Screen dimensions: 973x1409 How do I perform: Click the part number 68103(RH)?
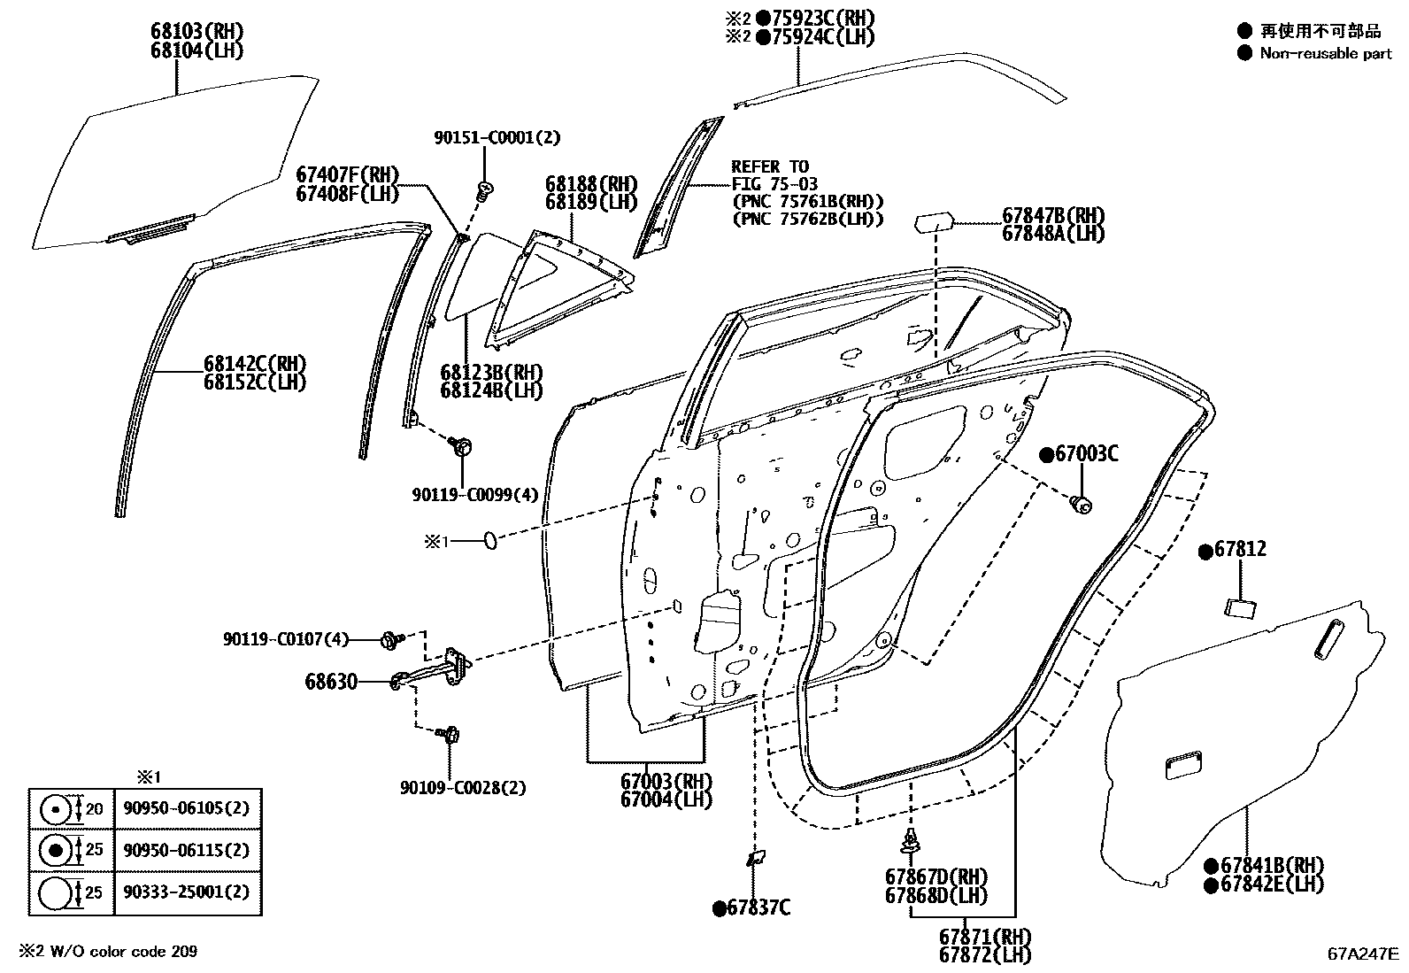coord(196,32)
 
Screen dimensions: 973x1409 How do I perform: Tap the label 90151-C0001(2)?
coord(497,138)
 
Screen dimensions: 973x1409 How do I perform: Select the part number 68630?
coord(331,682)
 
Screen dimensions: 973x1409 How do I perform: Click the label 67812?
coord(1239,549)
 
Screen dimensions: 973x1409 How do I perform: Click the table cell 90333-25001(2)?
coord(187,892)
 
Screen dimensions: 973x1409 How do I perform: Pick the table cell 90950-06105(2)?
coord(187,808)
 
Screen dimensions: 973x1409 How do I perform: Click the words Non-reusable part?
coord(1326,54)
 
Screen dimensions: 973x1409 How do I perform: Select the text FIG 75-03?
coord(775,184)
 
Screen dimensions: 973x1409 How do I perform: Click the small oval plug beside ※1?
coord(489,540)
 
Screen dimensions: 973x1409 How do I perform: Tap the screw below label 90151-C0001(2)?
coord(485,188)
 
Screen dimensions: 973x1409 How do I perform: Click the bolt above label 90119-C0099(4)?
coord(459,445)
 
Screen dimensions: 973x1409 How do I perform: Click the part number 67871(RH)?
coord(985,936)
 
